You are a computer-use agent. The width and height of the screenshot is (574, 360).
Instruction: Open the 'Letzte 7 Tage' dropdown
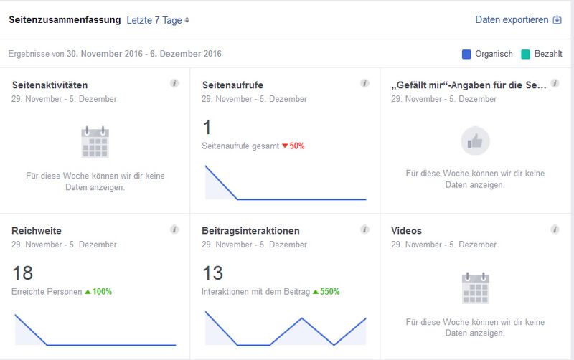157,20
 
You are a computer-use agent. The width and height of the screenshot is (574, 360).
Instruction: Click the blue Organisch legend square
466,54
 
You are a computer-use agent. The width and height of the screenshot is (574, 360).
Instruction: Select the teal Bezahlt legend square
526,54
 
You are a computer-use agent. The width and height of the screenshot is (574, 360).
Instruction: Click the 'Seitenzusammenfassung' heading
65,20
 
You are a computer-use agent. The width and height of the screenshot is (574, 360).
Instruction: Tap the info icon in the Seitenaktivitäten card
174,84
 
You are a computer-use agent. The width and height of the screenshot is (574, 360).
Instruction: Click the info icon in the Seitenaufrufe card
364,84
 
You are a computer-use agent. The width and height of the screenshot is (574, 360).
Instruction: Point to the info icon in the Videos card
555,229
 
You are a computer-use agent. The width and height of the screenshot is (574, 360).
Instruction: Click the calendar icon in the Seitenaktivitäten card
95,142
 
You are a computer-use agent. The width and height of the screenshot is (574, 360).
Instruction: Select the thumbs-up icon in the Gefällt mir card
475,141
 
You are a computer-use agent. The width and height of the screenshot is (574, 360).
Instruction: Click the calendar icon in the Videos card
475,288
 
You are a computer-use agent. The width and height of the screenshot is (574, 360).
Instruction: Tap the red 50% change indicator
293,146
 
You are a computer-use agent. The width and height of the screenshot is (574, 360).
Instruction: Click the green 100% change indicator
98,292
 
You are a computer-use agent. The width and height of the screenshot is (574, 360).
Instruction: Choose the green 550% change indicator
326,292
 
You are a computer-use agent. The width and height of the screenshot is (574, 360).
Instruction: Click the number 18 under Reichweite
23,273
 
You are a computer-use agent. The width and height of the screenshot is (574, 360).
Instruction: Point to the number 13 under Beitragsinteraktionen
213,273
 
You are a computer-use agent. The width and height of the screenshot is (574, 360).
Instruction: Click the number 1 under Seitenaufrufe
207,128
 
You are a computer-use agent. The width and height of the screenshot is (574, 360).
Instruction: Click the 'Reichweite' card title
37,231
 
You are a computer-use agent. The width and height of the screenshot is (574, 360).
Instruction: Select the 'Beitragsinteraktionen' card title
251,231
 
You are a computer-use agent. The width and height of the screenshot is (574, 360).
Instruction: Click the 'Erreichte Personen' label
47,292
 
